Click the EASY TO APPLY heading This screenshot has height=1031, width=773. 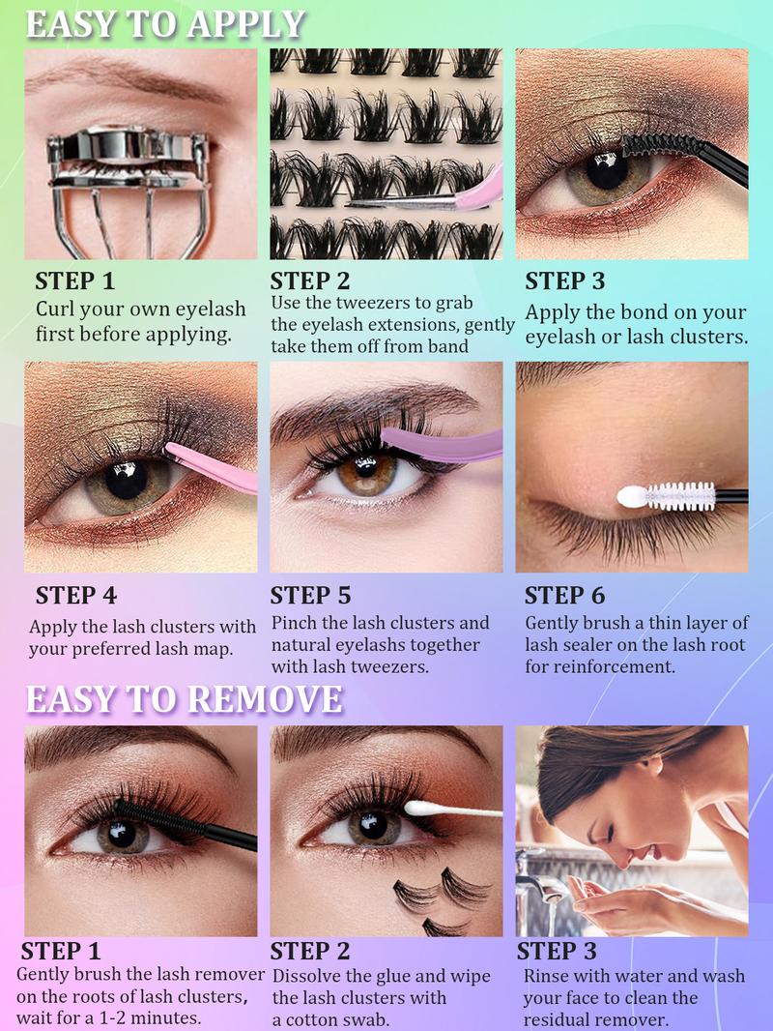coord(165,23)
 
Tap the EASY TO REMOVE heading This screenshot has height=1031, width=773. coord(184,699)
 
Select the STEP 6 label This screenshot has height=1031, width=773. coord(564,595)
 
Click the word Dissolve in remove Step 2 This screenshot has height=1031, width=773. coord(308,976)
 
